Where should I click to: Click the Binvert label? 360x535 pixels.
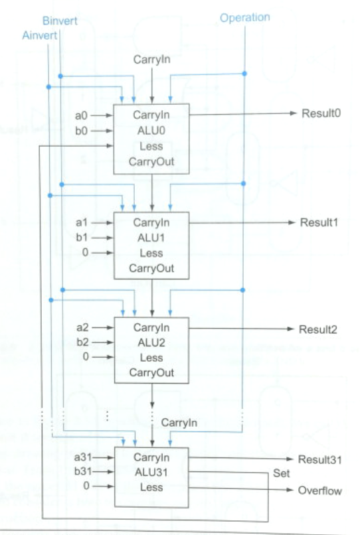(x=60, y=21)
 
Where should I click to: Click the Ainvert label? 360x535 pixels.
(x=40, y=35)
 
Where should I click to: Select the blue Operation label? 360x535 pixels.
(x=245, y=18)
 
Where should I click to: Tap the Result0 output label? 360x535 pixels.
(x=321, y=114)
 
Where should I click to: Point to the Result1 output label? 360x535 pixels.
(x=319, y=222)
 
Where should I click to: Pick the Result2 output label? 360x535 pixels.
(x=318, y=329)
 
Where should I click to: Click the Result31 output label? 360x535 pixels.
(x=319, y=459)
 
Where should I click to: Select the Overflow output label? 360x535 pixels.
(x=319, y=491)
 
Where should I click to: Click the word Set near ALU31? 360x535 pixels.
(x=281, y=473)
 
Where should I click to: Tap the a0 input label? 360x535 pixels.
(x=81, y=115)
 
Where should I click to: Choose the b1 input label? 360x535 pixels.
(x=82, y=237)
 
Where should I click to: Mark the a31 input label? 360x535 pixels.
(x=83, y=457)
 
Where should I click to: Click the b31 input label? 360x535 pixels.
(x=83, y=471)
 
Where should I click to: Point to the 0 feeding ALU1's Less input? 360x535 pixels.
(x=85, y=252)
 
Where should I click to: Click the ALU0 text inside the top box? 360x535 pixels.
(x=151, y=130)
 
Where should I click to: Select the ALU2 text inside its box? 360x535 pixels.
(x=151, y=343)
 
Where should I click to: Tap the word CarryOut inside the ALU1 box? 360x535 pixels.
(x=151, y=268)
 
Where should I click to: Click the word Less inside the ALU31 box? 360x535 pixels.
(x=151, y=487)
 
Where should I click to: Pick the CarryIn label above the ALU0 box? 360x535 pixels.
(x=151, y=59)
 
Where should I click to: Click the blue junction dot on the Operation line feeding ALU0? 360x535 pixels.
(x=244, y=74)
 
